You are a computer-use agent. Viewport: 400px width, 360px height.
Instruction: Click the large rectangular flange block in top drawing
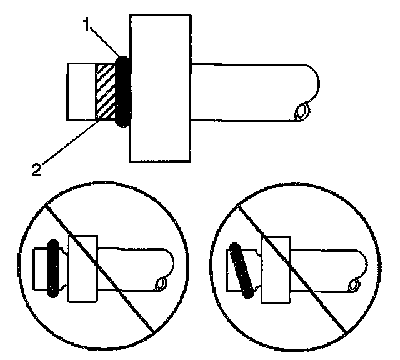pyautogui.click(x=159, y=87)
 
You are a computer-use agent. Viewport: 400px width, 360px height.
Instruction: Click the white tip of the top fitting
pyautogui.click(x=80, y=91)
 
